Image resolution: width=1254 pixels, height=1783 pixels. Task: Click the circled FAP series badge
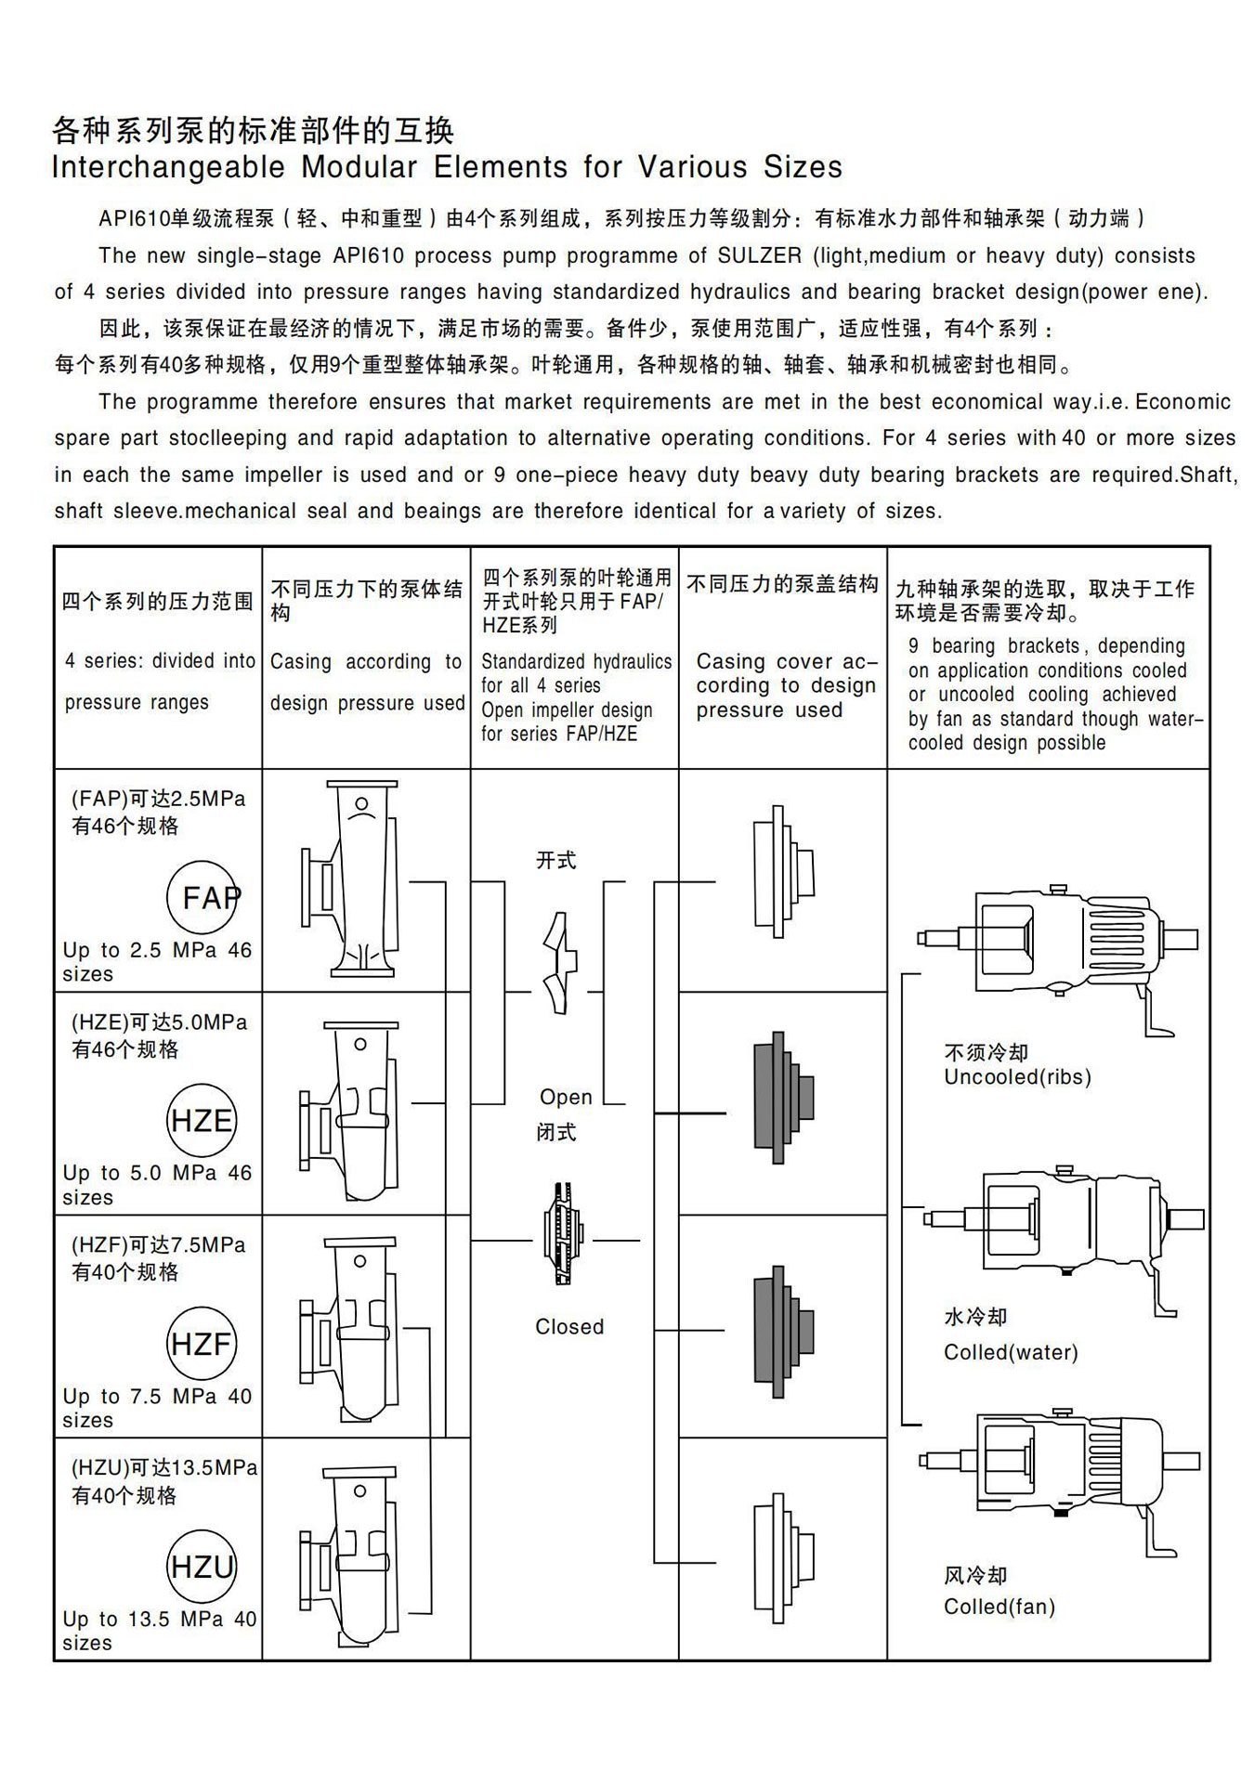click(x=202, y=897)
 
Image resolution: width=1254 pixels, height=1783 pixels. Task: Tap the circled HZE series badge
click(x=202, y=1120)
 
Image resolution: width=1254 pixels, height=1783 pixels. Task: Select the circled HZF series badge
click(x=202, y=1343)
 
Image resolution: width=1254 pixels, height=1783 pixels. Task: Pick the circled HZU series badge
click(x=202, y=1567)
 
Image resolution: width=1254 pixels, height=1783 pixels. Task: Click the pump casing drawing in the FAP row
click(x=351, y=878)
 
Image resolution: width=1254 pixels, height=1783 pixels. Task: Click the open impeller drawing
click(x=558, y=963)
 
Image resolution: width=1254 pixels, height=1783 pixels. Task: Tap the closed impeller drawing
click(x=563, y=1233)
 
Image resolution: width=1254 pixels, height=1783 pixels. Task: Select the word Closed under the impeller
click(x=568, y=1327)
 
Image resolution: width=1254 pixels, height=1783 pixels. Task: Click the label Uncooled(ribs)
click(x=1017, y=1077)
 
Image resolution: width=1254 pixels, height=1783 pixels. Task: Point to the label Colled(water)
click(x=1011, y=1352)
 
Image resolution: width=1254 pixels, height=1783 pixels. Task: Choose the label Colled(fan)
click(x=999, y=1607)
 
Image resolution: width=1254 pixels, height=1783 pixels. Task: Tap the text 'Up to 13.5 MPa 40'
click(x=159, y=1619)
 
